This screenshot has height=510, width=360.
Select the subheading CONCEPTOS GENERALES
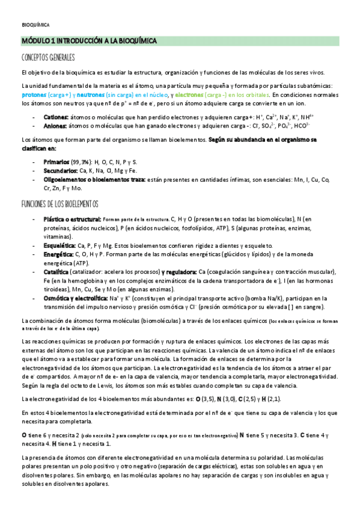click(x=48, y=58)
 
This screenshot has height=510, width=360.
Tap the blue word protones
click(x=35, y=95)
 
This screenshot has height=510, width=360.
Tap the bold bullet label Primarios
click(x=57, y=162)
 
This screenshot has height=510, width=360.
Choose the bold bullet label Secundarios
click(x=61, y=171)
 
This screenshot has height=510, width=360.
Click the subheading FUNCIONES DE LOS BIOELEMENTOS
click(x=59, y=203)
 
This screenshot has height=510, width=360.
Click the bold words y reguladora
click(x=177, y=272)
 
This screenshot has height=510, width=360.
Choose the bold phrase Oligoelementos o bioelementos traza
click(x=99, y=179)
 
